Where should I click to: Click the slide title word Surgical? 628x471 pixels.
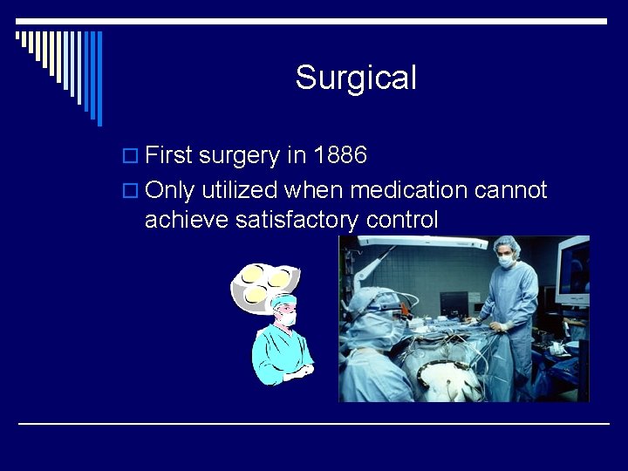coord(356,78)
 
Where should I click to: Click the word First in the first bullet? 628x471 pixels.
coord(169,156)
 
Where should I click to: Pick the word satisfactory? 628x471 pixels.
coord(297,220)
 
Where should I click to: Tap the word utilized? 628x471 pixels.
coord(239,189)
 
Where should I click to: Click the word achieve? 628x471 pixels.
coord(186,220)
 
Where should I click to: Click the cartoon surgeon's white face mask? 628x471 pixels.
coord(286,319)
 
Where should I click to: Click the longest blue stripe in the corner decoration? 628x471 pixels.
coord(99,78)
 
